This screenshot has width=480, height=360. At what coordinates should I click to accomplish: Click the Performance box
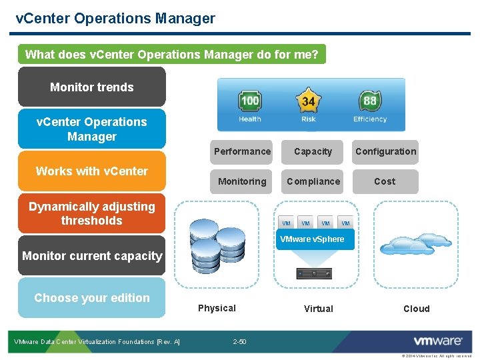click(x=242, y=152)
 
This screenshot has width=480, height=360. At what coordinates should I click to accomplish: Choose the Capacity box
click(x=313, y=152)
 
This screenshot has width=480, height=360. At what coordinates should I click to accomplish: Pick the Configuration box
click(x=385, y=152)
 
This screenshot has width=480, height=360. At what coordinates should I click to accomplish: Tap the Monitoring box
click(x=242, y=181)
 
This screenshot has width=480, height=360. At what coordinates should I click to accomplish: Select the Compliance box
click(x=313, y=181)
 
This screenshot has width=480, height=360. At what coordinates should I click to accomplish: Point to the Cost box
click(x=385, y=181)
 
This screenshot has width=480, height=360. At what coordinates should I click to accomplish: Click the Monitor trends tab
click(x=92, y=87)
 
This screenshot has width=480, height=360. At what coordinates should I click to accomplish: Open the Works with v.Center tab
click(x=92, y=171)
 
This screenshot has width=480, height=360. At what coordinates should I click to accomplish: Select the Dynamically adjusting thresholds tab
click(x=92, y=214)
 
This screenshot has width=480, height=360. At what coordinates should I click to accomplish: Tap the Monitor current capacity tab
click(x=92, y=256)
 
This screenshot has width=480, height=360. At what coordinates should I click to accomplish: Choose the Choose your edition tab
click(x=92, y=298)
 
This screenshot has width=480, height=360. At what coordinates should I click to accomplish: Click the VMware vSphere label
click(x=312, y=239)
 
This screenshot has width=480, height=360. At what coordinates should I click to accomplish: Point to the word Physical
click(x=217, y=308)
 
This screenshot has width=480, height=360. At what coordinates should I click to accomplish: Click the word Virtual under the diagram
click(x=318, y=309)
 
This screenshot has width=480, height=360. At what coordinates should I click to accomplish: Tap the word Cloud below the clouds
click(x=416, y=309)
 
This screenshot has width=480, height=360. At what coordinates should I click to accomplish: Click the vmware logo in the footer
click(x=438, y=341)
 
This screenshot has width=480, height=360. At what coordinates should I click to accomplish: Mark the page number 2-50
click(x=239, y=342)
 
